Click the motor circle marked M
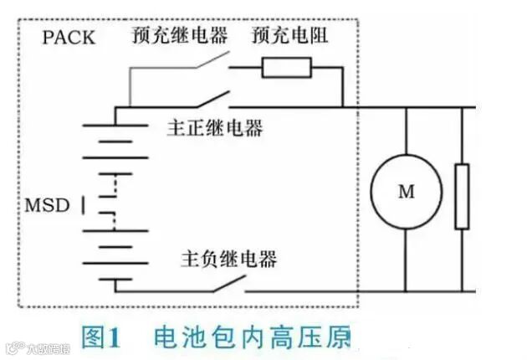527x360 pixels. (x=406, y=191)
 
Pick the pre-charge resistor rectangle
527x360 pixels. (x=287, y=68)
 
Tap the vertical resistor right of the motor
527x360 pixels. (x=461, y=197)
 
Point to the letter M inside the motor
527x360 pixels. (x=406, y=192)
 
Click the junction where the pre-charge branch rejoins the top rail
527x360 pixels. (x=343, y=107)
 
